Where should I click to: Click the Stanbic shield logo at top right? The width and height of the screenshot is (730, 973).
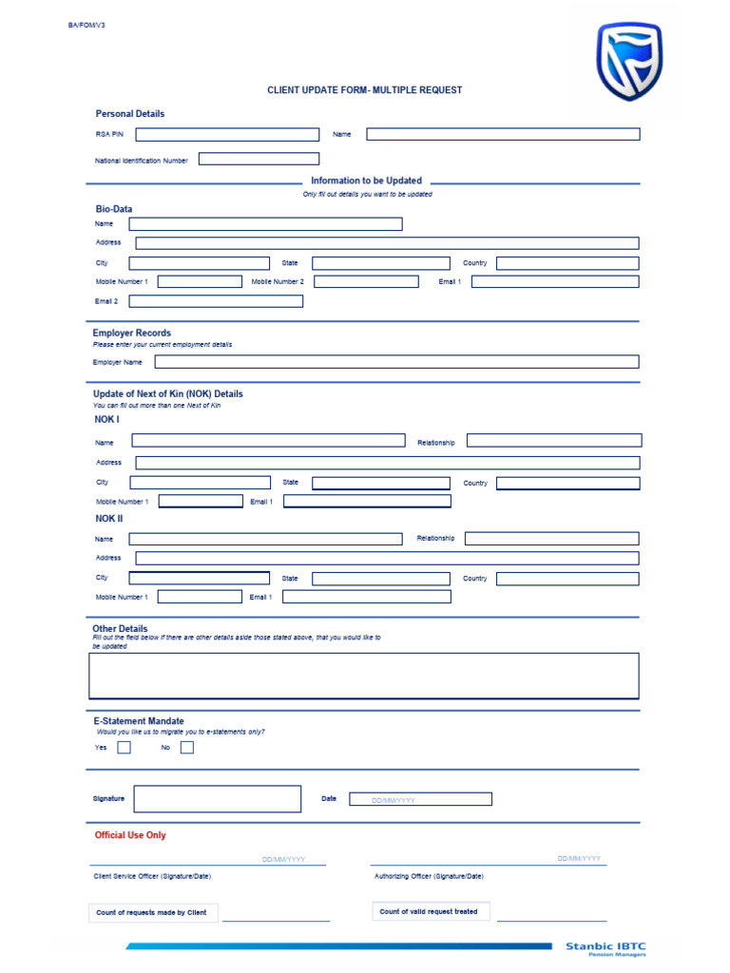pos(628,61)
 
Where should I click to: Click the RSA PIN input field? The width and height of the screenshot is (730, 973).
pos(227,135)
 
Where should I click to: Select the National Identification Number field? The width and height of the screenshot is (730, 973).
pos(259,159)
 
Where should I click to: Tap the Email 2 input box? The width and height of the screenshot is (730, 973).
pos(216,301)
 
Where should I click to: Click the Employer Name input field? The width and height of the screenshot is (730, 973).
pos(396,362)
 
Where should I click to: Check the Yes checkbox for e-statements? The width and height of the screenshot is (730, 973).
pos(124,747)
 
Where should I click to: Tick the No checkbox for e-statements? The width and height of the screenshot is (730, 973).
pos(186,747)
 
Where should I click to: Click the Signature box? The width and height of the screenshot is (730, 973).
pos(217,799)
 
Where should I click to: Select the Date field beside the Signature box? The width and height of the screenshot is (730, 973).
pos(420,799)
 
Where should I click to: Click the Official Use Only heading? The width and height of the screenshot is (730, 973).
pos(130,835)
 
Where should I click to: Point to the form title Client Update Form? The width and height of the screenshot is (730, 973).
pos(364,90)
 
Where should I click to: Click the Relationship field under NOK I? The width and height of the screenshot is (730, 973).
pos(554,441)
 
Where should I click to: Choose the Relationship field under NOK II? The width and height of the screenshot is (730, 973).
pos(551,539)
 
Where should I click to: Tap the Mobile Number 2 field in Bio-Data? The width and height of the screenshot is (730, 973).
pos(366,282)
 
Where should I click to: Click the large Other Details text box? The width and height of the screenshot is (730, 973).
pos(364,676)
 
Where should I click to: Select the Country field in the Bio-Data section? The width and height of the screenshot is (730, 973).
pos(567,263)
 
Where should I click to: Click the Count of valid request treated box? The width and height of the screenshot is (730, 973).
pos(429,912)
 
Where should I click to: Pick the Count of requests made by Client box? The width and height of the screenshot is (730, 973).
pos(152,913)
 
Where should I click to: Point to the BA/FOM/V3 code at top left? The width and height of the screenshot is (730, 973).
pos(86,25)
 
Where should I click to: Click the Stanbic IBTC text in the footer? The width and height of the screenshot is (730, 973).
pos(605,945)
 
